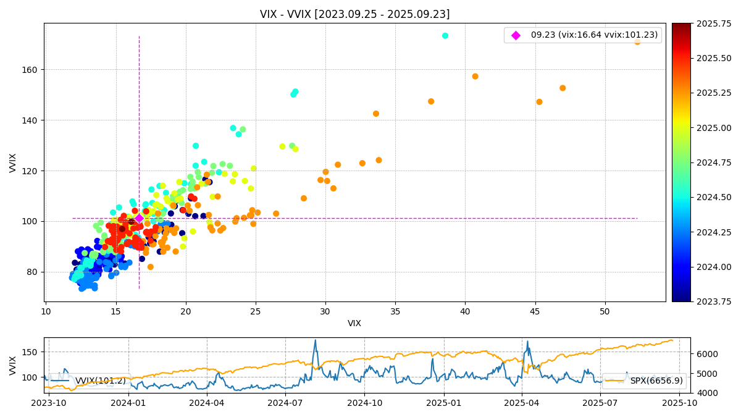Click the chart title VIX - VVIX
tap(354, 14)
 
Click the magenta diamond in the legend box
tap(516, 35)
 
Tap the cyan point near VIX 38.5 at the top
tap(445, 36)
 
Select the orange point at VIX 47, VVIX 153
tap(563, 88)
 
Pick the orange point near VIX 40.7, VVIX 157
tap(475, 77)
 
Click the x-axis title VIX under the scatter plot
tap(354, 324)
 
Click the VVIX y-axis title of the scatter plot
tap(13, 162)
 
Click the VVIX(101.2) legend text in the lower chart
tap(100, 381)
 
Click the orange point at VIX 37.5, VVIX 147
tap(431, 101)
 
